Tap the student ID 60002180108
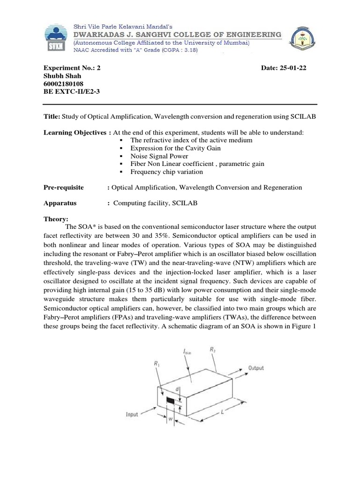point(64,84)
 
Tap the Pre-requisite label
point(64,187)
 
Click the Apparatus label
point(60,203)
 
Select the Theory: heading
point(56,219)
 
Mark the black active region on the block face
point(172,400)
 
